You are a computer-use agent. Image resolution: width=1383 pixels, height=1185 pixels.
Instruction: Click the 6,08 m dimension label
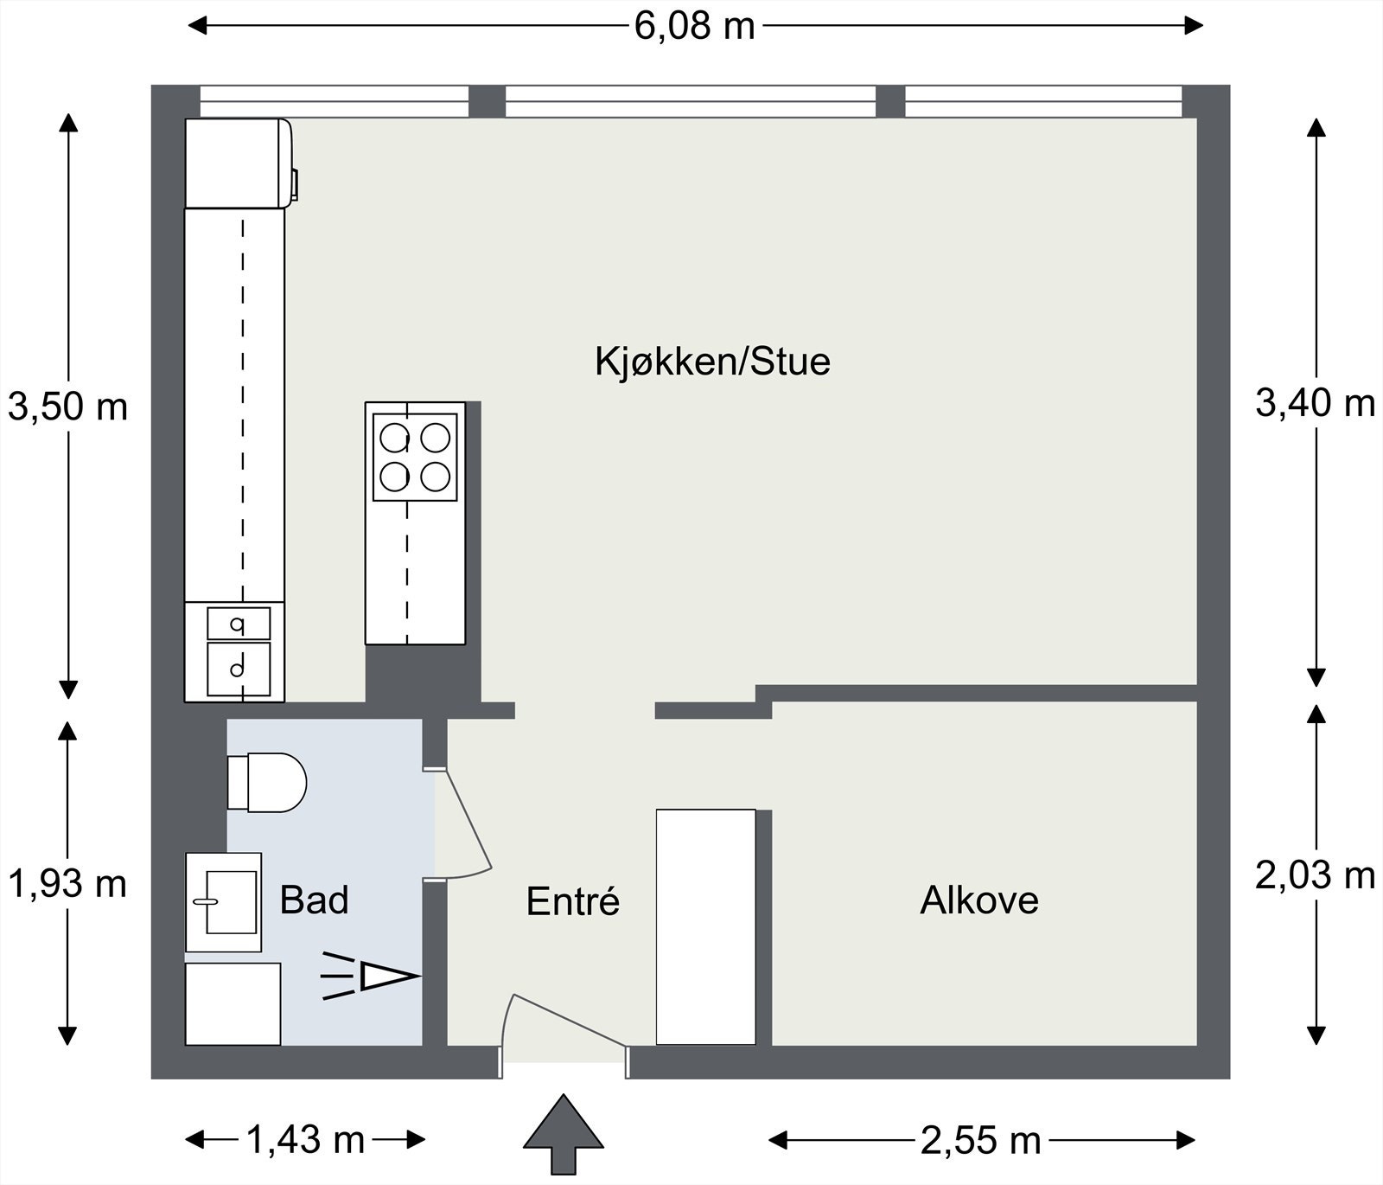click(x=694, y=26)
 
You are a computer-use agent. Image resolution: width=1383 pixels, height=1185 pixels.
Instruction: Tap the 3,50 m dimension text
click(x=67, y=406)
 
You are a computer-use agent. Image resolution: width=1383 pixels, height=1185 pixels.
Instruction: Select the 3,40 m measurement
click(x=1315, y=403)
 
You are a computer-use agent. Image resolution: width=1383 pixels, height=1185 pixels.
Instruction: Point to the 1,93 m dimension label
click(x=67, y=884)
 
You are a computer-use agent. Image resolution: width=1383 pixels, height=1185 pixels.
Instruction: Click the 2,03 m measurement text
click(x=1315, y=876)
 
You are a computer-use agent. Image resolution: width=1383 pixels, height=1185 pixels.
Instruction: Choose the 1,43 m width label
click(x=306, y=1140)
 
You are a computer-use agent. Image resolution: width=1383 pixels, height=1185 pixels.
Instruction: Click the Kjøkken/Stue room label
click(x=712, y=362)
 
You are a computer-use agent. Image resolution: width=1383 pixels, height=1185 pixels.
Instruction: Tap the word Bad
click(x=314, y=900)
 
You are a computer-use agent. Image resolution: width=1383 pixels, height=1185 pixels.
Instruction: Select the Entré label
click(x=573, y=902)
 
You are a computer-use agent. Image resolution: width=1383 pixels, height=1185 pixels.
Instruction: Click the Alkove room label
click(x=978, y=900)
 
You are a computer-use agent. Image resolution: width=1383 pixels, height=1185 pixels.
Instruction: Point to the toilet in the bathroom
click(x=268, y=782)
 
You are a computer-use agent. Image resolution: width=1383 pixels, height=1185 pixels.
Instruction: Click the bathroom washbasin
click(x=224, y=902)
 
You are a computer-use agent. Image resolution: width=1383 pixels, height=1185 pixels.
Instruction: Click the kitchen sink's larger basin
click(x=239, y=669)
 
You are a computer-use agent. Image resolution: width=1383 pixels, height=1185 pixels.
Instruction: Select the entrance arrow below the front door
click(x=563, y=1133)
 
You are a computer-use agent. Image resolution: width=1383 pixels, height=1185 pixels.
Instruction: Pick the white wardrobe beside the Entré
click(x=705, y=926)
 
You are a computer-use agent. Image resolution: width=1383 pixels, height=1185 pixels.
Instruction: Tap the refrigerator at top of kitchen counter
click(x=238, y=163)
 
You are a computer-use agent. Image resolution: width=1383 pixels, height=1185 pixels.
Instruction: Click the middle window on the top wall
click(x=690, y=101)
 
